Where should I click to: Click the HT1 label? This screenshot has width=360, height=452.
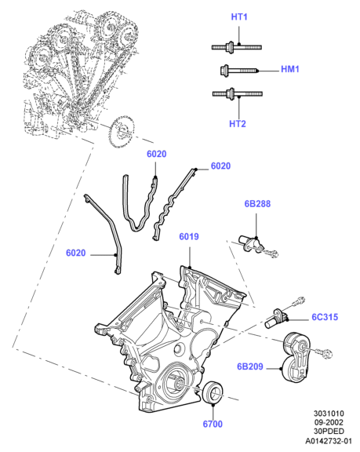tap(239, 17)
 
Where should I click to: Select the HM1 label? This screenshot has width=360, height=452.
tap(290, 69)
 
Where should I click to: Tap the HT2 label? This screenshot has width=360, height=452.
tap(238, 124)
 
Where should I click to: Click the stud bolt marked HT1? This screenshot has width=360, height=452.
tap(236, 47)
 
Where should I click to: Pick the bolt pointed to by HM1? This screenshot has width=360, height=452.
tap(240, 71)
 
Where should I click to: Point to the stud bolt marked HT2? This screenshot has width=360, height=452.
tap(238, 93)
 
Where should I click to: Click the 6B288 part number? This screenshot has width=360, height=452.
tap(257, 204)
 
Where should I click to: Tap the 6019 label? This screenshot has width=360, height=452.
tap(189, 237)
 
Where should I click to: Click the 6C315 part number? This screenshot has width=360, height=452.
tap(325, 317)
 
